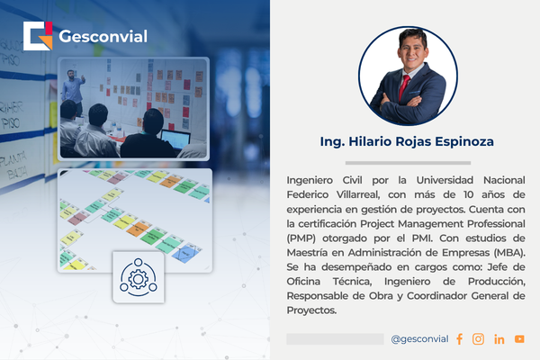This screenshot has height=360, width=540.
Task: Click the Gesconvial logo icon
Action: point(38,36)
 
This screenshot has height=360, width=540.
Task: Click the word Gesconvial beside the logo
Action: point(103,36)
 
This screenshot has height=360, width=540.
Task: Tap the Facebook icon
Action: point(459,339)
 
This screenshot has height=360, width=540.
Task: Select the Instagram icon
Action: point(478,339)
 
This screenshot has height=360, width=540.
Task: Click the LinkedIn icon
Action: point(499,339)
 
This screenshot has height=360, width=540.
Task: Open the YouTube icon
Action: point(519,339)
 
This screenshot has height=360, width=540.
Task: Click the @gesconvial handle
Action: point(419,339)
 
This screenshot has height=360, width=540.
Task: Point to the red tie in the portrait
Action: point(404,86)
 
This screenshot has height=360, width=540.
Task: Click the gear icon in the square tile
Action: point(139,277)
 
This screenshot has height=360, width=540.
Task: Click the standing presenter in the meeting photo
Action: point(72,90)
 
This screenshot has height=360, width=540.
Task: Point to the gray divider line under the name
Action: point(408,163)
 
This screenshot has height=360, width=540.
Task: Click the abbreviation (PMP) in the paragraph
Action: point(301,238)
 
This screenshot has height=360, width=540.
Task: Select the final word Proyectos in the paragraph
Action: point(311,310)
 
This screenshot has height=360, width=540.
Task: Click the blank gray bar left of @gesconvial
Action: point(335,339)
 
